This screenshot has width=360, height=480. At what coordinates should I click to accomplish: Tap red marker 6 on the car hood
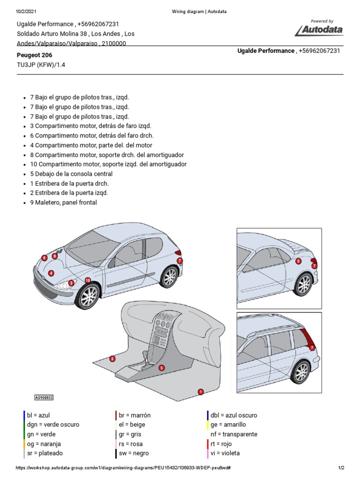coord(44,258)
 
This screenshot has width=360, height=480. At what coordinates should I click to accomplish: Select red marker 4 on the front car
coord(51,273)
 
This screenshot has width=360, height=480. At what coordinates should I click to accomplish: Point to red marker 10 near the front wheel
coord(87,280)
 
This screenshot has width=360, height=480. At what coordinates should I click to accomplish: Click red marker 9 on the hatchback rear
coord(298,261)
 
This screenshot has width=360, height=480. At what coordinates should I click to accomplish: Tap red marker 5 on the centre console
coord(162,368)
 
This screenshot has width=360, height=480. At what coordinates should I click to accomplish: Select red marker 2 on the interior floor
coord(112,359)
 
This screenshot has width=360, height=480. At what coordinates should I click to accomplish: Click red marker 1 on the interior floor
coord(201,391)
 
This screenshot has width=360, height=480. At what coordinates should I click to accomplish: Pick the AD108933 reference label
coord(44,397)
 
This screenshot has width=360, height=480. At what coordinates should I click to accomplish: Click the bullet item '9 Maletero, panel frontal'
coord(63,202)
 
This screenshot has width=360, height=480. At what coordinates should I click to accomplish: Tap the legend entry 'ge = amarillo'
coord(228,425)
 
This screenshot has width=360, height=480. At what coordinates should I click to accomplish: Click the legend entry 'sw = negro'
coord(134,453)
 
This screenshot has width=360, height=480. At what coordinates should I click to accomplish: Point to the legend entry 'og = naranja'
coord(44,444)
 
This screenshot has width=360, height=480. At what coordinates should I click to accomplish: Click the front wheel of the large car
coord(89,295)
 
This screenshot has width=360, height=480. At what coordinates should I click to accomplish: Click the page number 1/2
coord(341,468)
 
